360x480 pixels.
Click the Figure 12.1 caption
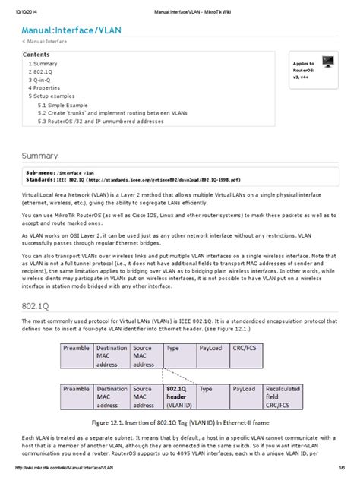(179, 421)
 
